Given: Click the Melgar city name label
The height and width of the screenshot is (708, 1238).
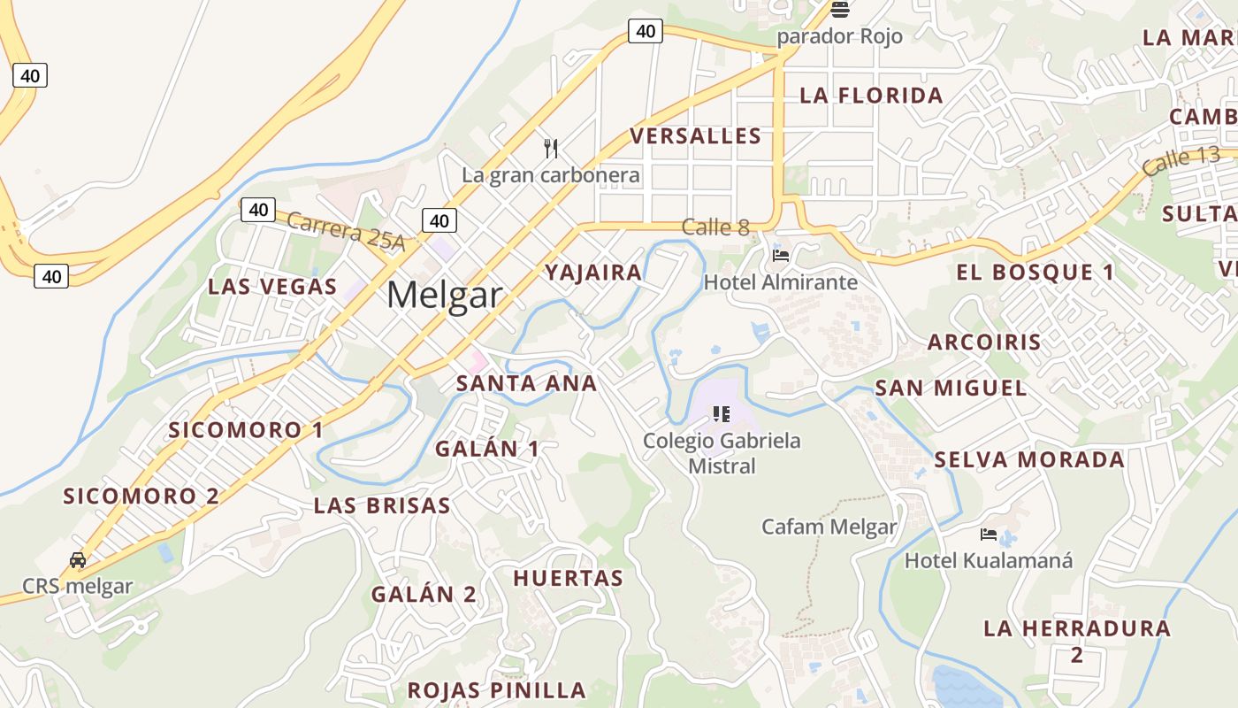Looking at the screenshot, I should (x=444, y=294).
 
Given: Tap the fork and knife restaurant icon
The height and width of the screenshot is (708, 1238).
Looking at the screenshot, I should (x=551, y=148).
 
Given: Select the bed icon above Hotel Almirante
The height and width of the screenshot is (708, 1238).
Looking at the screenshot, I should (x=781, y=256).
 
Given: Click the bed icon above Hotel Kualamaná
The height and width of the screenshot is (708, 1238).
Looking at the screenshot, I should (x=989, y=535).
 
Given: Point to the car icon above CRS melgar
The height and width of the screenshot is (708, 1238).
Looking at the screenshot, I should (x=78, y=559).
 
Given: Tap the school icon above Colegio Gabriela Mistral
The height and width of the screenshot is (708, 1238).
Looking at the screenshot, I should (x=722, y=413).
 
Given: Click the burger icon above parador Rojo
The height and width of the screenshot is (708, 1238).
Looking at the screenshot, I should (x=839, y=10).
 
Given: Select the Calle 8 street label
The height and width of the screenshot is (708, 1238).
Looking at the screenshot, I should (x=715, y=227).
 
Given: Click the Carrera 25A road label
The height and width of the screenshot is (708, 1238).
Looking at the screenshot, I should (x=346, y=232).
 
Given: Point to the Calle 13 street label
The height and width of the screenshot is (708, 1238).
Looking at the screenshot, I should (x=1180, y=161).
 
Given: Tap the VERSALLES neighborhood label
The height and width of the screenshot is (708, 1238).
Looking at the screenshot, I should (x=695, y=135).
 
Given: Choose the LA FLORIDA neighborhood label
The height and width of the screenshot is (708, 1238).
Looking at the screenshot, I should (x=871, y=96).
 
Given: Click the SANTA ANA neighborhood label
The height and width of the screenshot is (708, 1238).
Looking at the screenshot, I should (x=526, y=383).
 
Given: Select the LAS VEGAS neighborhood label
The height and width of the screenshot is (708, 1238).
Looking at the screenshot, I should (x=272, y=286).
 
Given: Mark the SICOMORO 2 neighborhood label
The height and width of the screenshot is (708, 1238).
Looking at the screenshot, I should (x=141, y=496).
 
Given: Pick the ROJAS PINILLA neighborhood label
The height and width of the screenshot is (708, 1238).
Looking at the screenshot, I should (x=496, y=689).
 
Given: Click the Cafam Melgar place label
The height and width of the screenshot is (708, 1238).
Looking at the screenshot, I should (x=829, y=527).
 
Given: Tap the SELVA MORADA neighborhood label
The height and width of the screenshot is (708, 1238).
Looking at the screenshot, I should (x=1029, y=459).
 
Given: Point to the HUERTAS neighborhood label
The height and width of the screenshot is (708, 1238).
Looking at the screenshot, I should (x=569, y=578).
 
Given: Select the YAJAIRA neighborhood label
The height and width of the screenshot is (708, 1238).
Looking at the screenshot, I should (x=593, y=272).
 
